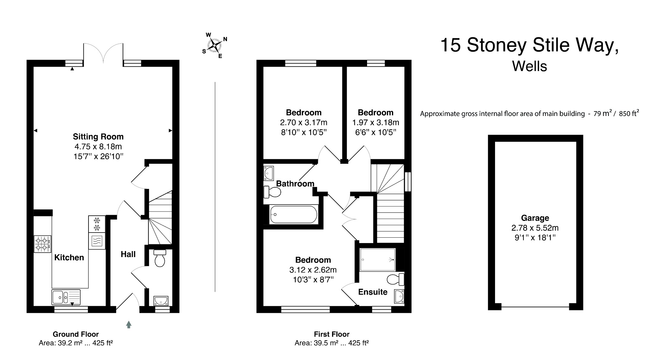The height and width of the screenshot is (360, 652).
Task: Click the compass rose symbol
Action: (215, 46)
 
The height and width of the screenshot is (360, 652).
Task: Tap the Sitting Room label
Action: (98, 137)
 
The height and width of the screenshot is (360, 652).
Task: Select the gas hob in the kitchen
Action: (42, 244)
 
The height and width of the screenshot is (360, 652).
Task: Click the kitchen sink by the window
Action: (66, 297)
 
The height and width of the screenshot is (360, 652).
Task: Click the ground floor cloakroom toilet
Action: (159, 259)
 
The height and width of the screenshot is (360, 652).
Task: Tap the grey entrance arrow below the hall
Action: (129, 324)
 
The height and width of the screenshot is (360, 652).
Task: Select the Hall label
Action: (128, 254)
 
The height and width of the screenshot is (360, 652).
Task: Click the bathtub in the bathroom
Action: (293, 214)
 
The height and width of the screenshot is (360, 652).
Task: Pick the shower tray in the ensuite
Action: (377, 260)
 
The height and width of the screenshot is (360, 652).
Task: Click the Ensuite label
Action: (373, 292)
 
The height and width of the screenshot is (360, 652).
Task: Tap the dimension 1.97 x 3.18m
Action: (375, 122)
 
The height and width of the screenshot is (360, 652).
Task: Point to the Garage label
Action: (535, 218)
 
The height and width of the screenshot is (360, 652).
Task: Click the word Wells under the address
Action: (529, 66)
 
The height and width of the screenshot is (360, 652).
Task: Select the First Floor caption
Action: (331, 334)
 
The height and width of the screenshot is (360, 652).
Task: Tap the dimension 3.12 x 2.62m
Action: (313, 270)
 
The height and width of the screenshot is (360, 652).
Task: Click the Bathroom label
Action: (295, 184)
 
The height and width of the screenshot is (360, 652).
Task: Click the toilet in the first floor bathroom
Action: (273, 192)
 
